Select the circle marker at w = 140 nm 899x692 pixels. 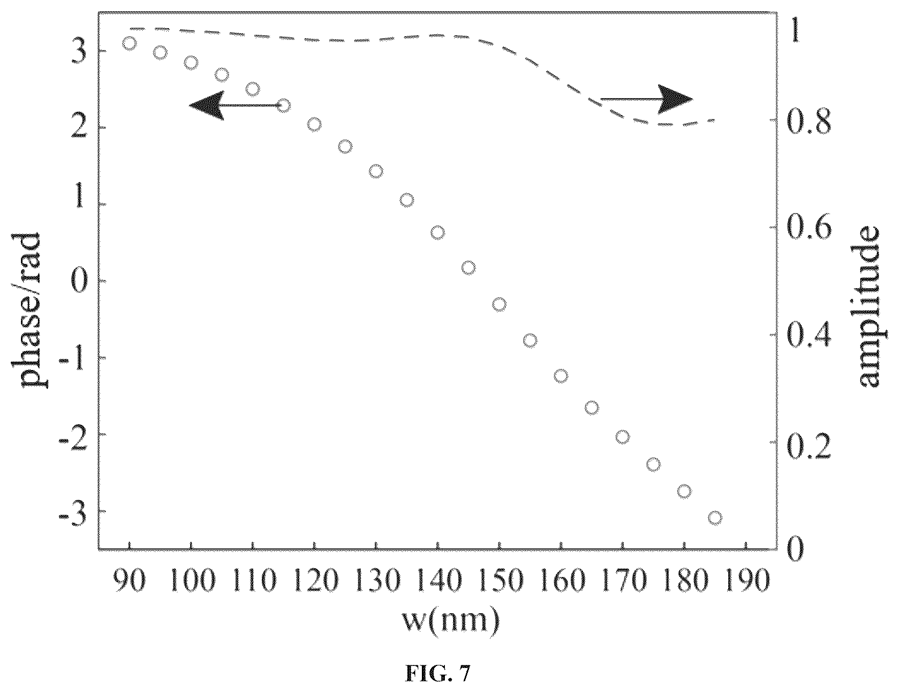[438, 233]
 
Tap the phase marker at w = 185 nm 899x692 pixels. [715, 518]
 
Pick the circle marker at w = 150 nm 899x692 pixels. [500, 305]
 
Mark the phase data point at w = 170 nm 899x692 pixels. [622, 437]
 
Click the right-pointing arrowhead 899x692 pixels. [675, 98]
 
